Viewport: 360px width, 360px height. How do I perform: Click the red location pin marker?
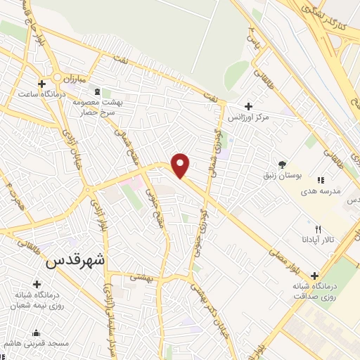coord(181,165)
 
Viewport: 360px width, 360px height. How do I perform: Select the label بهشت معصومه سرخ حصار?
coord(98,107)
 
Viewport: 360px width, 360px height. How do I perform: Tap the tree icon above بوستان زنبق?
coord(282,165)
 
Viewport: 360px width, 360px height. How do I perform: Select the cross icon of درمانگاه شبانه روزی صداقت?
coord(314,275)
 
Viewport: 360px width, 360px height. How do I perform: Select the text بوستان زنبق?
coord(282,175)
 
